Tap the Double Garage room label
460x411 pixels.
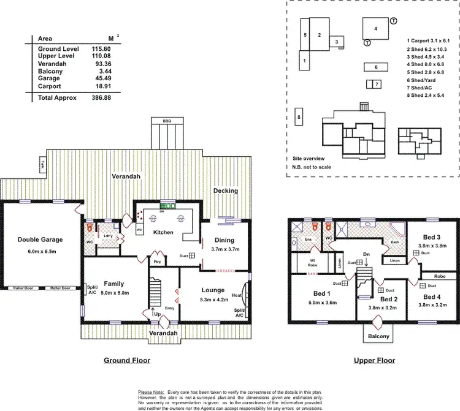40,239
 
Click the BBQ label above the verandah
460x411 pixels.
167,121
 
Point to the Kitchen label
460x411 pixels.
163,233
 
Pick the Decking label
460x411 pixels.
225,191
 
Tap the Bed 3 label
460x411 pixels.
432,237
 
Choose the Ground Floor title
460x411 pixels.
126,361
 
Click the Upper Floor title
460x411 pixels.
374,361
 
